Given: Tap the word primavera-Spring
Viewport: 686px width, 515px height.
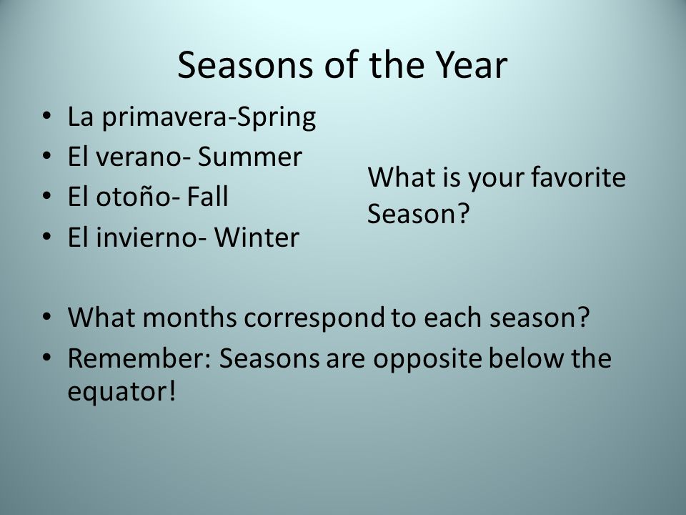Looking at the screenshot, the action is pos(209,118).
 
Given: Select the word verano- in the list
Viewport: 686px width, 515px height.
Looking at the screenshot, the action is pos(143,157).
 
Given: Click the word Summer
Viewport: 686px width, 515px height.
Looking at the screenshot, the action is pos(249,157).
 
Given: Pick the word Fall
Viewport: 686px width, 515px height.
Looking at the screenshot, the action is pos(207,197).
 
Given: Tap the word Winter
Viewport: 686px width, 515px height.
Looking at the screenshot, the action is pos(257,237).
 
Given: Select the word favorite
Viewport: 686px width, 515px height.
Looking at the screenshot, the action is pos(578,177).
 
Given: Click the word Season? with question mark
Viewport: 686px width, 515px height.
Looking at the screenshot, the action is pos(418,214).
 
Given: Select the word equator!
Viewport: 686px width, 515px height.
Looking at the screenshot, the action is pos(121,391).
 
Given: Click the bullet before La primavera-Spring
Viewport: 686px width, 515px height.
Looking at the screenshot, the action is pos(46,117).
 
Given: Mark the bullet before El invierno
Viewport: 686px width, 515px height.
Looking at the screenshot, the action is pos(46,237).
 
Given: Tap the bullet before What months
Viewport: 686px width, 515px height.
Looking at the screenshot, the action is pos(46,317).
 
